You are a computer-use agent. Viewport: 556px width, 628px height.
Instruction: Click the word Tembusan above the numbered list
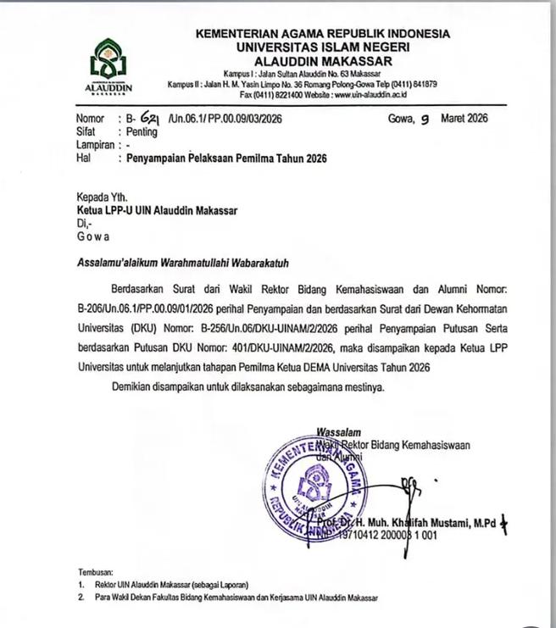96,573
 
